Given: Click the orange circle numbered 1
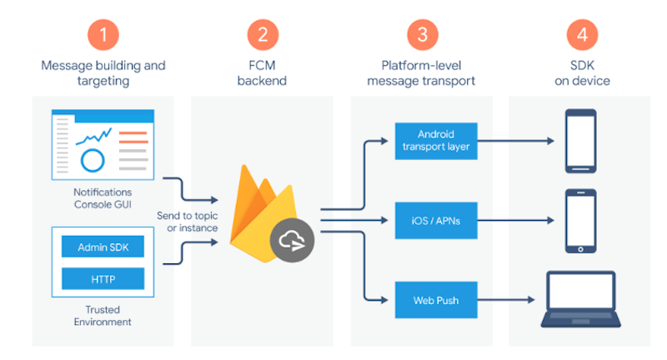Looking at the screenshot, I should click(x=103, y=34).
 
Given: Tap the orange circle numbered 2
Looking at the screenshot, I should click(x=263, y=34).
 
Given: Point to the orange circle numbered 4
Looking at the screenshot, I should click(x=580, y=34).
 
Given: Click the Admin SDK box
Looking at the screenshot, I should click(x=103, y=247).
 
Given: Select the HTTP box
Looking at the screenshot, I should click(x=103, y=279).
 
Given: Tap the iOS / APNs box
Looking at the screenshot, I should click(x=436, y=221).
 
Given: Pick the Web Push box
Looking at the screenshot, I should click(x=436, y=299).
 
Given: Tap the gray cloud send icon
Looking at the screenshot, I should click(x=292, y=242).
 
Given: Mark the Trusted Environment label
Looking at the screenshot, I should click(x=103, y=315).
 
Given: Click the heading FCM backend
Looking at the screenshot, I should click(x=263, y=73).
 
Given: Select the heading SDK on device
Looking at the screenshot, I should click(x=580, y=73).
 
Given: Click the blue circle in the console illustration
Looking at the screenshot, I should click(x=93, y=159).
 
